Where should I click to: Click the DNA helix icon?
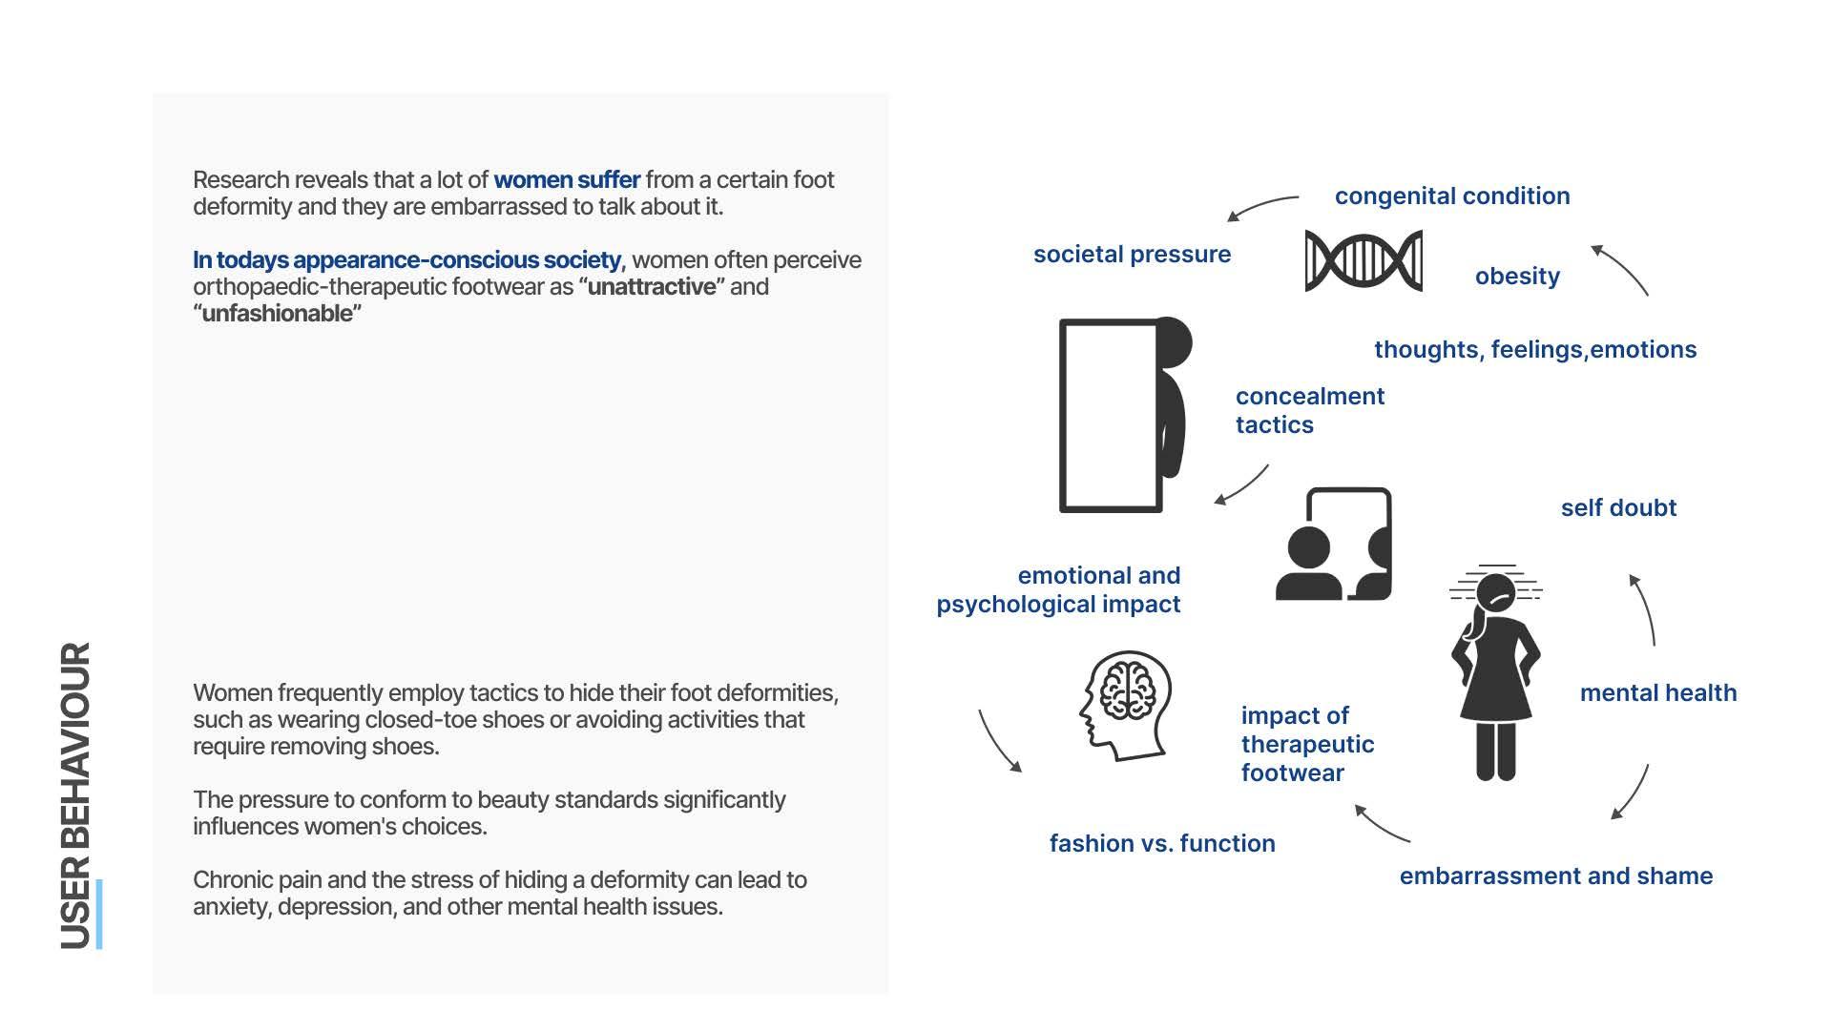[x=1364, y=260]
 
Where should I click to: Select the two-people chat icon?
[x=1334, y=546]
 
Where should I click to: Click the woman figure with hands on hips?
[x=1495, y=673]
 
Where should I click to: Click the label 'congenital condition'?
[x=1451, y=196]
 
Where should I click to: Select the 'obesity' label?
[x=1517, y=277]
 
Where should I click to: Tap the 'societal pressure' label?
[x=1132, y=255]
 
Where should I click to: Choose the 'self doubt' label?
[x=1618, y=508]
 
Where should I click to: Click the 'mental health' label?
[x=1657, y=693]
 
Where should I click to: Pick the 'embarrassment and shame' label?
[x=1555, y=876]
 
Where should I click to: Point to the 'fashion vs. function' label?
[x=1162, y=844]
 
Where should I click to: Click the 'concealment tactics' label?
[x=1309, y=411]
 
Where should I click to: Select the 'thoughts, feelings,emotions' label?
[x=1534, y=350]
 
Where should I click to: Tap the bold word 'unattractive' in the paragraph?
[x=651, y=287]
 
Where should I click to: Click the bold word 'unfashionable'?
[x=277, y=314]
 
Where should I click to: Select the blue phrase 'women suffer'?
[x=567, y=180]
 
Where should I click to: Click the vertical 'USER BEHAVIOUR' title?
[x=76, y=795]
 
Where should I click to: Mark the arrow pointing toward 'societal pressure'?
[x=1261, y=206]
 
